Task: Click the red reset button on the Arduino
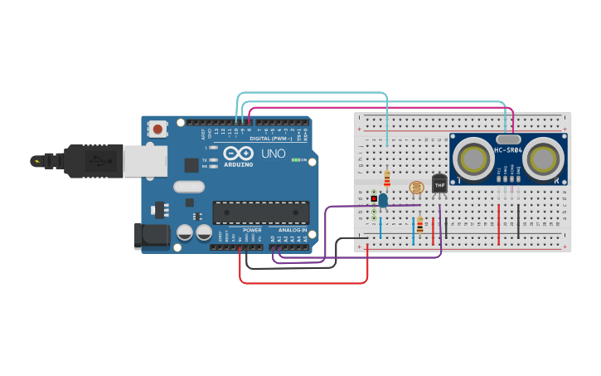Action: pyautogui.click(x=157, y=129)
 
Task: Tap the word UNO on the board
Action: pyautogui.click(x=273, y=154)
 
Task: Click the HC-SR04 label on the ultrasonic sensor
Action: pyautogui.click(x=508, y=150)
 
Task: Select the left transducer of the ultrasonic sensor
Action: pyautogui.click(x=475, y=157)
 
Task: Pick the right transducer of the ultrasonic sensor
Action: pyautogui.click(x=542, y=157)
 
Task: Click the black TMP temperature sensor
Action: pyautogui.click(x=439, y=183)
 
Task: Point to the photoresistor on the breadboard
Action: pyautogui.click(x=416, y=187)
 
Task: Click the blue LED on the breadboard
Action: pyautogui.click(x=382, y=199)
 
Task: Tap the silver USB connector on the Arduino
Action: pyautogui.click(x=145, y=161)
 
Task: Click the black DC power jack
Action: pyautogui.click(x=152, y=236)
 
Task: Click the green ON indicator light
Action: pyautogui.click(x=295, y=159)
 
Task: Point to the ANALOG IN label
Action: pyautogui.click(x=292, y=230)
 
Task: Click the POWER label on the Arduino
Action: pyautogui.click(x=252, y=230)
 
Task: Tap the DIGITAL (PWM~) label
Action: pyautogui.click(x=270, y=139)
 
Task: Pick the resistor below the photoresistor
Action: pyautogui.click(x=419, y=224)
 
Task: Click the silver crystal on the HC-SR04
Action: pyautogui.click(x=508, y=139)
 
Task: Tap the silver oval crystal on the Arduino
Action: pyautogui.click(x=189, y=187)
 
